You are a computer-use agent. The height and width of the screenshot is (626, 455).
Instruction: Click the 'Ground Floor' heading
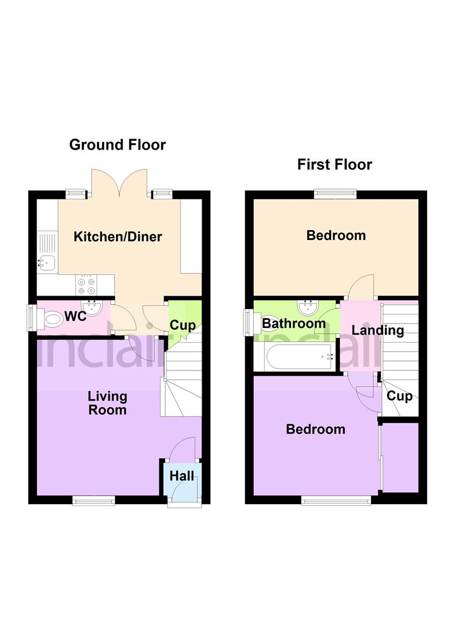point(117,145)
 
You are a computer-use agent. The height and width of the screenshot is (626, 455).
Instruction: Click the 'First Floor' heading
point(334,165)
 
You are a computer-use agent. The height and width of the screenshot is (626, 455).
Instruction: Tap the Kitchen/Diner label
point(118,236)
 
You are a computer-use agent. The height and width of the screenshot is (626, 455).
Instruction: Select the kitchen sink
point(46,264)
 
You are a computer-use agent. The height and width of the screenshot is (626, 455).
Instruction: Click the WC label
point(75,317)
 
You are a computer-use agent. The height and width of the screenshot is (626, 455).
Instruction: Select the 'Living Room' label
point(107,403)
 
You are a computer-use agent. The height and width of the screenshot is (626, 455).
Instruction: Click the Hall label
point(181,476)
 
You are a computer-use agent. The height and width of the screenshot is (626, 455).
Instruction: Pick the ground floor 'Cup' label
point(183,325)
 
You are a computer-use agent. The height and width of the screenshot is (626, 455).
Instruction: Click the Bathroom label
point(294,323)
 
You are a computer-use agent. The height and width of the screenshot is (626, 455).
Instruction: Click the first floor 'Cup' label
point(399,396)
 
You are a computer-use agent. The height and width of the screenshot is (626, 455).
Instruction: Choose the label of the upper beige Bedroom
point(336,235)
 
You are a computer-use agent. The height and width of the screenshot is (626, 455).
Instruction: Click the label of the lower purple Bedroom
point(316,430)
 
